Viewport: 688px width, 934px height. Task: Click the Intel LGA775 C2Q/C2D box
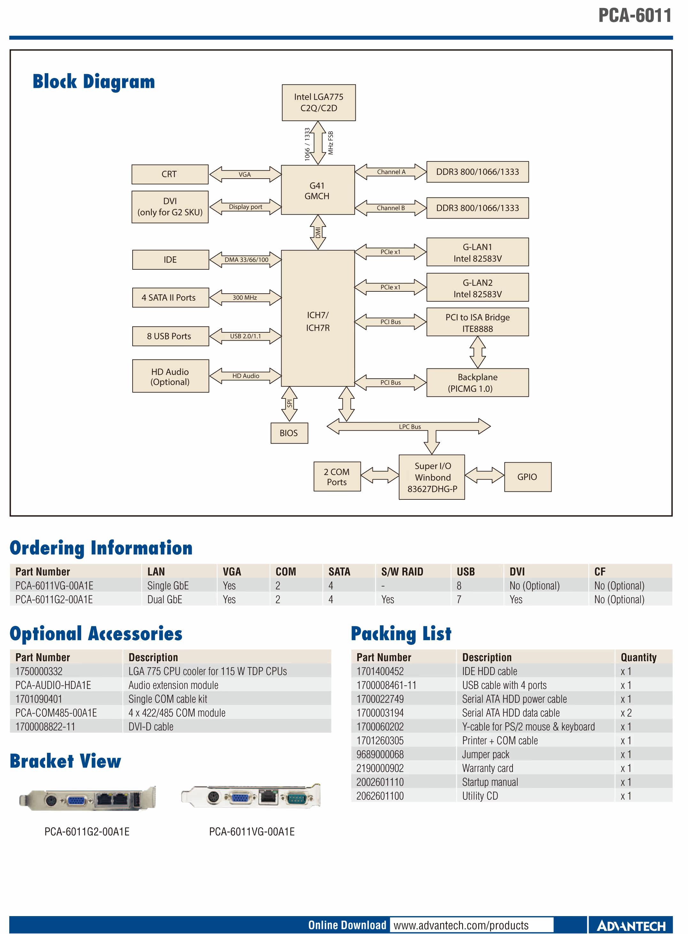(x=319, y=103)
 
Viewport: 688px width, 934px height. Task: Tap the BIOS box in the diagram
(x=289, y=433)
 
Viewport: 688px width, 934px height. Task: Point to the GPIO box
(x=528, y=477)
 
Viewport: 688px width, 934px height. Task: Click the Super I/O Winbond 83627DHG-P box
(x=432, y=477)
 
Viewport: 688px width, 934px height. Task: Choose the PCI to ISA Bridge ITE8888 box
(x=478, y=322)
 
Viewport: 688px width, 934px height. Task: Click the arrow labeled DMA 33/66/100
(x=245, y=260)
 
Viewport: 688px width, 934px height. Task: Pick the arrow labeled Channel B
(x=390, y=208)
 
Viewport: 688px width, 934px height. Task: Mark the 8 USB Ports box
(x=171, y=336)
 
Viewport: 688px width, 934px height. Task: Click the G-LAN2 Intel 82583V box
(x=478, y=287)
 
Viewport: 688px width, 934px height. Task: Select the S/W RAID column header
(x=402, y=572)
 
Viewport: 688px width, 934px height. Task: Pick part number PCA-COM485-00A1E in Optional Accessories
(x=56, y=713)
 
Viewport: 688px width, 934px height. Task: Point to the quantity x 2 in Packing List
(x=626, y=713)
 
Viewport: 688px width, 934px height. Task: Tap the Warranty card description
(x=488, y=768)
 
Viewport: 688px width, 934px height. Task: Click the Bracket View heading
(x=66, y=761)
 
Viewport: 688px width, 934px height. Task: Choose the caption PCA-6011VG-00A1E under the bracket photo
(x=252, y=831)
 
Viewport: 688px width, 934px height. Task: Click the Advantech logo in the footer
(x=631, y=926)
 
